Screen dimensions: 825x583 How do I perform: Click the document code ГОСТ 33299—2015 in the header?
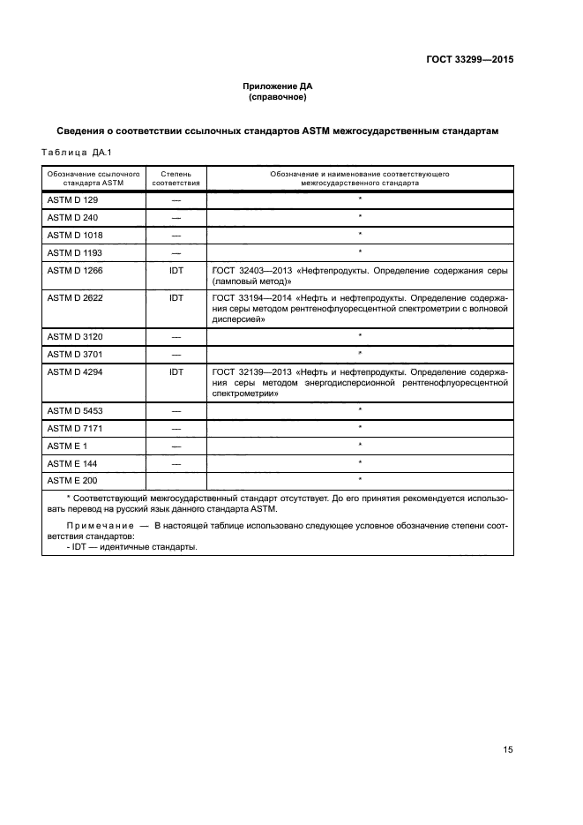464,60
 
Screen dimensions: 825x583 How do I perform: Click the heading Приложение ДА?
278,86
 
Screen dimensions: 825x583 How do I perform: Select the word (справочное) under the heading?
278,97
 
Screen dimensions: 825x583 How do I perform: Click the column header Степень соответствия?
176,179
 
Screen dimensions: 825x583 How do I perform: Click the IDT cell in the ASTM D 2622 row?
176,298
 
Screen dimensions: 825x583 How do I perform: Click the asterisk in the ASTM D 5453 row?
360,410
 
